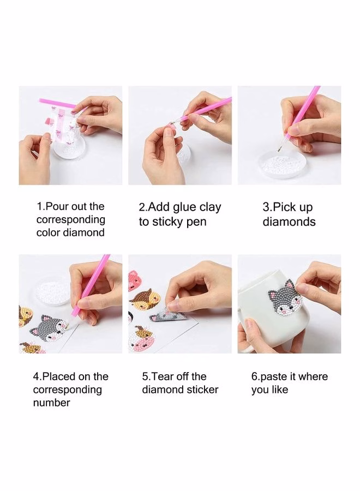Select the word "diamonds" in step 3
point(289,221)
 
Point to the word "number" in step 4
point(51,403)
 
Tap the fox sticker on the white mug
point(282,299)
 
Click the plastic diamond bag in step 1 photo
point(65,122)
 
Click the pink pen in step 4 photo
point(91,286)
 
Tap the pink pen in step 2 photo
point(201,110)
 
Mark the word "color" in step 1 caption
point(48,232)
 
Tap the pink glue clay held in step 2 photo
point(171,127)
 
